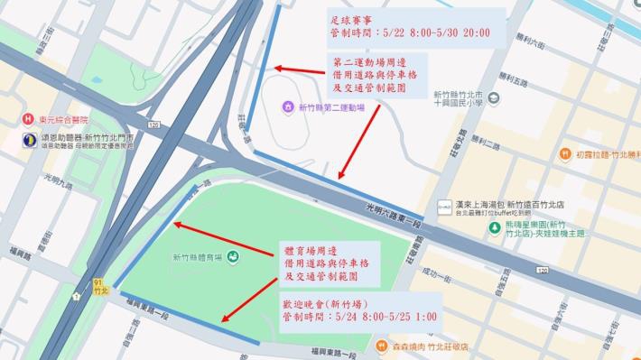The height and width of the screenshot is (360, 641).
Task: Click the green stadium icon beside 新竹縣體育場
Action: pos(232,257)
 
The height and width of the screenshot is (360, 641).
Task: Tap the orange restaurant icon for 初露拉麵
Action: pos(565,154)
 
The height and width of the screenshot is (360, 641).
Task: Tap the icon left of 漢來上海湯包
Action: pos(445,207)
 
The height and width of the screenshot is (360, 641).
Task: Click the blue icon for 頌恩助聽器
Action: pos(29,140)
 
